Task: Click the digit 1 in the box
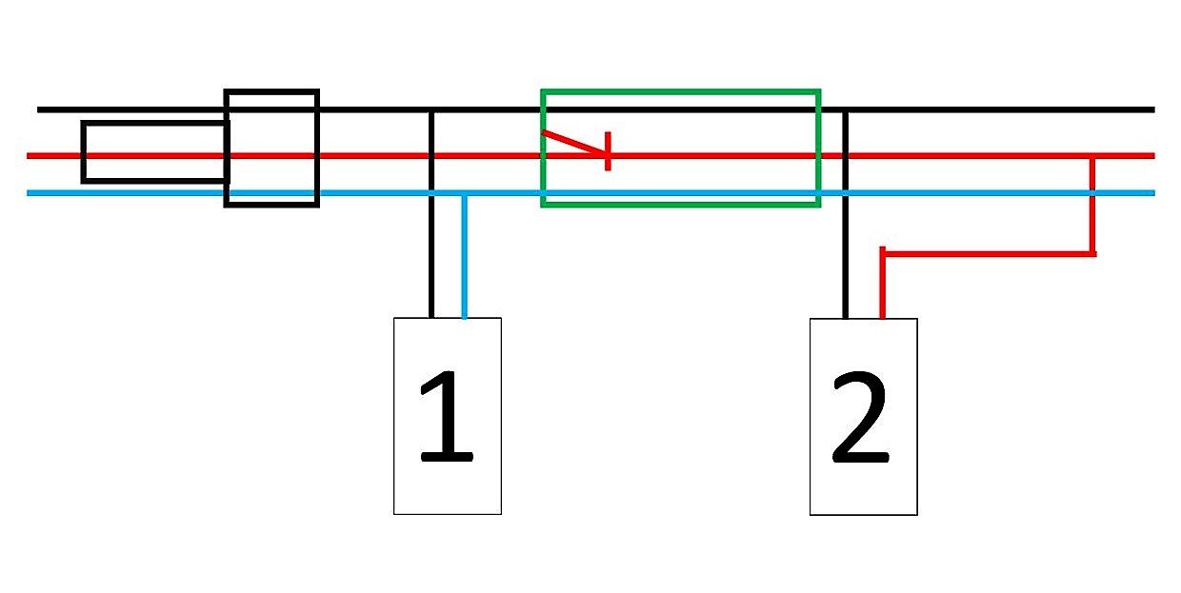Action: pos(447,415)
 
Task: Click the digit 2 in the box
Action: pos(860,416)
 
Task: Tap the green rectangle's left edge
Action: pos(543,148)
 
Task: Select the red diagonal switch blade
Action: pos(574,143)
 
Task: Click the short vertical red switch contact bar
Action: pos(608,151)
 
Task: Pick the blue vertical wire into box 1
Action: pos(464,256)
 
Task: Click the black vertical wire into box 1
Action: pos(431,214)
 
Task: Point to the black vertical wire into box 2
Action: pos(845,214)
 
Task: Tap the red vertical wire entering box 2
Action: pos(883,283)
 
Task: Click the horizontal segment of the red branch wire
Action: pos(990,254)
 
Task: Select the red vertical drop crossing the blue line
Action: pos(1092,205)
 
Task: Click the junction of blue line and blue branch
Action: pos(464,193)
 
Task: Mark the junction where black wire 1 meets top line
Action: pos(431,109)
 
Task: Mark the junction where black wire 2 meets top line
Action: pos(845,109)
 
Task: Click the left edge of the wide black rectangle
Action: pos(83,151)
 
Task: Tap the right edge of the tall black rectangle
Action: pos(317,148)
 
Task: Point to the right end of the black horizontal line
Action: pos(1154,109)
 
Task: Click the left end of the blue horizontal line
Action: pos(28,193)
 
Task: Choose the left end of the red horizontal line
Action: pos(28,156)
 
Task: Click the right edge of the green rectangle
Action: pos(818,148)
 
